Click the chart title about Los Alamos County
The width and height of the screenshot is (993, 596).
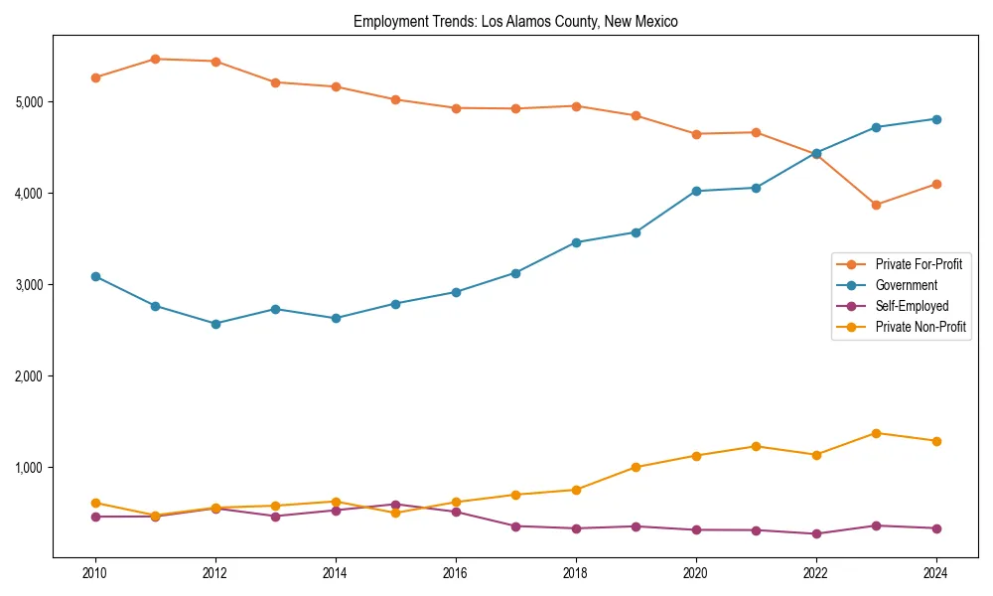515,21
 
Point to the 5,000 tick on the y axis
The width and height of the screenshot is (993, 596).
29,102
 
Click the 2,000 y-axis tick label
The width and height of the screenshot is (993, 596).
29,376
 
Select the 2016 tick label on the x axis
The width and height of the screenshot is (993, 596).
456,573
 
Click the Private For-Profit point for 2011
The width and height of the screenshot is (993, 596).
156,59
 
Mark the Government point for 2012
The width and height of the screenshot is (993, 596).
215,324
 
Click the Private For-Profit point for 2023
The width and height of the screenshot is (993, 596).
876,205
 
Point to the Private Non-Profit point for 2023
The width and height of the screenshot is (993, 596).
876,433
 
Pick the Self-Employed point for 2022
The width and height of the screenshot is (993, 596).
816,533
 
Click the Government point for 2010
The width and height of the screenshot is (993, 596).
95,276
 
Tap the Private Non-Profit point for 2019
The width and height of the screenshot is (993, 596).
636,467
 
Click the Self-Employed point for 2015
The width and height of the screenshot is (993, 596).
395,505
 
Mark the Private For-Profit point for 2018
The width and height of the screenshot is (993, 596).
576,105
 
